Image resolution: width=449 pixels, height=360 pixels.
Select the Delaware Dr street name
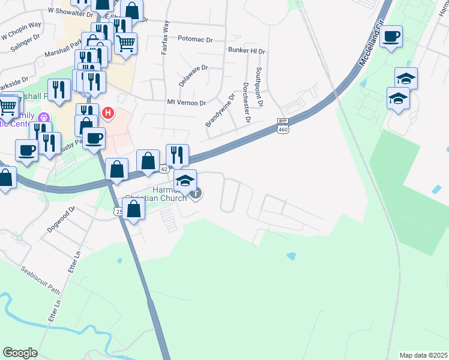pos(193,76)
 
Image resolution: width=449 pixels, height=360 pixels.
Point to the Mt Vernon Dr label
pos(186,103)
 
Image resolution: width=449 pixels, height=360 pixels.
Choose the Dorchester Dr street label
pos(246,102)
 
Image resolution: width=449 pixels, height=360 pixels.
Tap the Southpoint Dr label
pos(259,87)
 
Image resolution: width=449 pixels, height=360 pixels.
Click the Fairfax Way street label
pos(166,38)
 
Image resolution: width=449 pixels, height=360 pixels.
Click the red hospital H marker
pos(108,112)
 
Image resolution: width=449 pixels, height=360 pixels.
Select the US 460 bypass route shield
pos(283,125)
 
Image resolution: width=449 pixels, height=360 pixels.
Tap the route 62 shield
pos(164,169)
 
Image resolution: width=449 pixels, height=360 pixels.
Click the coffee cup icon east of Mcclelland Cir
pos(391,37)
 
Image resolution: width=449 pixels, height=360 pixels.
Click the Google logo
pos(20,353)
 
